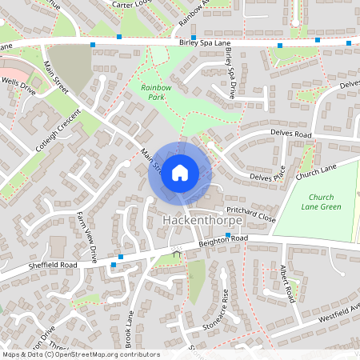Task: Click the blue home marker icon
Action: tap(180, 173)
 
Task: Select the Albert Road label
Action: tap(289, 285)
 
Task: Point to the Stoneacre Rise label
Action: tap(225, 305)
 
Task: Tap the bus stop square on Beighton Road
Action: tap(228, 235)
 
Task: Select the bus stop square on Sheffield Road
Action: tap(120, 257)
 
